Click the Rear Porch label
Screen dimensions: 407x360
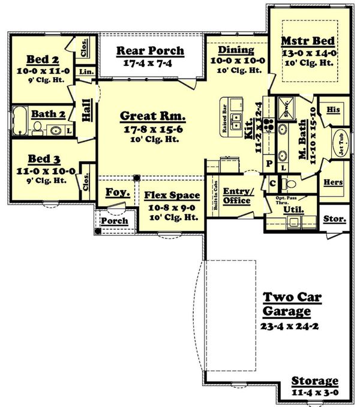coord(150,51)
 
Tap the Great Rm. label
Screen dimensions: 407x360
coord(152,115)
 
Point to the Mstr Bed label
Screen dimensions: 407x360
coord(308,42)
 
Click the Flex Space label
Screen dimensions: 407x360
coord(172,195)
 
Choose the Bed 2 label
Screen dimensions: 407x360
coord(42,59)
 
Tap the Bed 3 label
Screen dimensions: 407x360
coord(42,159)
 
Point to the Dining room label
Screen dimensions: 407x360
coord(236,50)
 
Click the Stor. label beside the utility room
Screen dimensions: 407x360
coord(334,219)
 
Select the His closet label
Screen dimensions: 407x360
coord(333,110)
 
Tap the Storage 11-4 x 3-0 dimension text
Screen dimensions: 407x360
coord(314,393)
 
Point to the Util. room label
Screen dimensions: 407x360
coord(293,210)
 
